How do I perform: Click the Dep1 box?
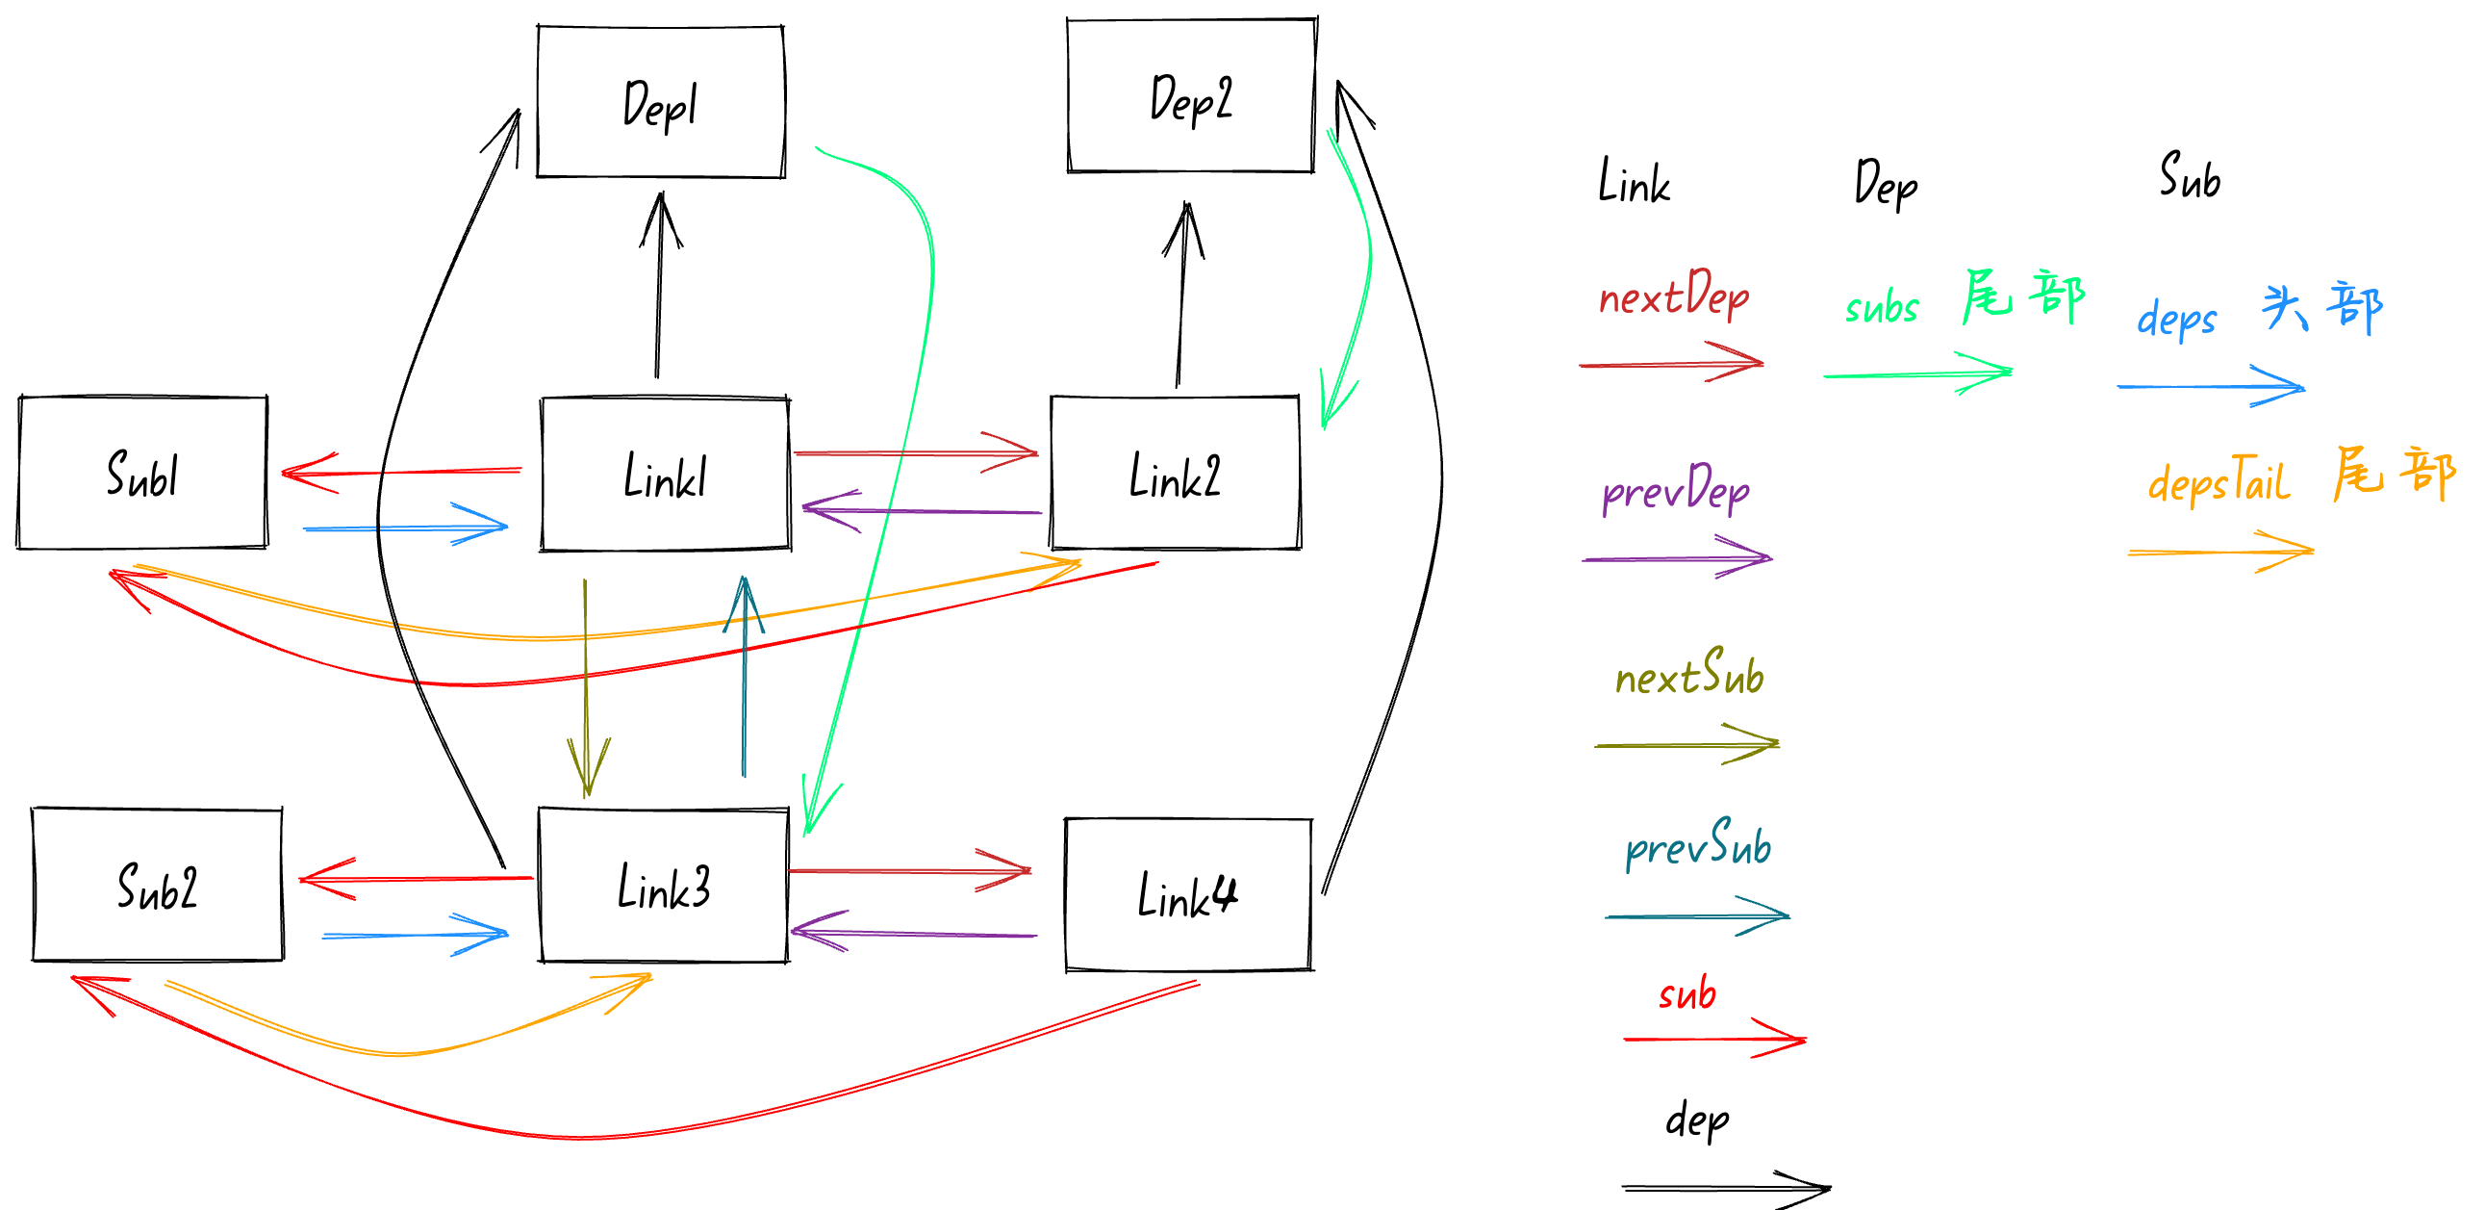pos(661,102)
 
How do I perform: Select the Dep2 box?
pos(1191,95)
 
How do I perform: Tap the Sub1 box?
pos(142,473)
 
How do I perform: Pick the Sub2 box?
pos(157,885)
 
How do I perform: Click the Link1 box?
pos(666,475)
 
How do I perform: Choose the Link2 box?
pos(1175,473)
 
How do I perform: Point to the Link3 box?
pos(664,886)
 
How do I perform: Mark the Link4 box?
pos(1187,894)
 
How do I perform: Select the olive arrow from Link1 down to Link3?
pos(586,685)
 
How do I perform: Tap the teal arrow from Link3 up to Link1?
pos(744,676)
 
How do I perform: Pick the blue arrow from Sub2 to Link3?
pos(415,935)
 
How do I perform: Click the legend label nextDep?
pos(1674,295)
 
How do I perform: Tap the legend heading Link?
pos(1634,181)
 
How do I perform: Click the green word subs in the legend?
pos(1881,308)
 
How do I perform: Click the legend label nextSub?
pos(1689,675)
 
